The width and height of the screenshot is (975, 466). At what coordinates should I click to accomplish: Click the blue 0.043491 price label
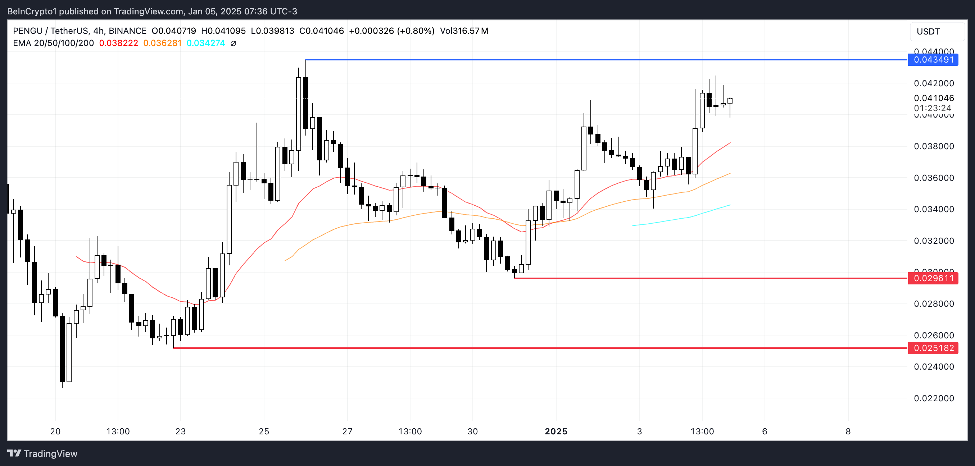933,60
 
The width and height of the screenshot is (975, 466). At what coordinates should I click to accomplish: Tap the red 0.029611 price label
933,278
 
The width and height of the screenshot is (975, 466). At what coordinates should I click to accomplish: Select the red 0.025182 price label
933,348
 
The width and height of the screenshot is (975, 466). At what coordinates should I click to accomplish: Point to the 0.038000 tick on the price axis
934,146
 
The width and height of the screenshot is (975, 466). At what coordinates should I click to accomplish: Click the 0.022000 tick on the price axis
934,398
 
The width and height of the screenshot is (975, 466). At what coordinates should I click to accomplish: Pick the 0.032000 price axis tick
934,241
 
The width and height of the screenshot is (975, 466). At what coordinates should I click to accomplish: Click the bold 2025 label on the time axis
555,431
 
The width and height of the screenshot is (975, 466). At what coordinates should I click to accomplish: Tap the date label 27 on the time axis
347,431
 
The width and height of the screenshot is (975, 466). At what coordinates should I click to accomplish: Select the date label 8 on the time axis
848,431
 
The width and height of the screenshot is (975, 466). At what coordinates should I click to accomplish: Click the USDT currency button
928,31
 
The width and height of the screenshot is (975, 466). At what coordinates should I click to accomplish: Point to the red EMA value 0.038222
118,43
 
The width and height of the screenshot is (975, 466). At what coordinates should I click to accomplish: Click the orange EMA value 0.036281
162,43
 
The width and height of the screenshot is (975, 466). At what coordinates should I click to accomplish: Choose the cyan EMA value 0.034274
206,43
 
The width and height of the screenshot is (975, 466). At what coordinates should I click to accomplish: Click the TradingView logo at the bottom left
42,453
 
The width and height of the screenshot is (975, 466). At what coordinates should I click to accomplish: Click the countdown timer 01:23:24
932,108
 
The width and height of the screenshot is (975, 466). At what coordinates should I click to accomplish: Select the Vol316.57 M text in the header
464,31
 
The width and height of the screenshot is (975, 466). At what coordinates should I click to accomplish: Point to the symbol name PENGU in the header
28,31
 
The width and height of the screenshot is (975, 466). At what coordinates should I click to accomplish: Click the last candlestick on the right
730,101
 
